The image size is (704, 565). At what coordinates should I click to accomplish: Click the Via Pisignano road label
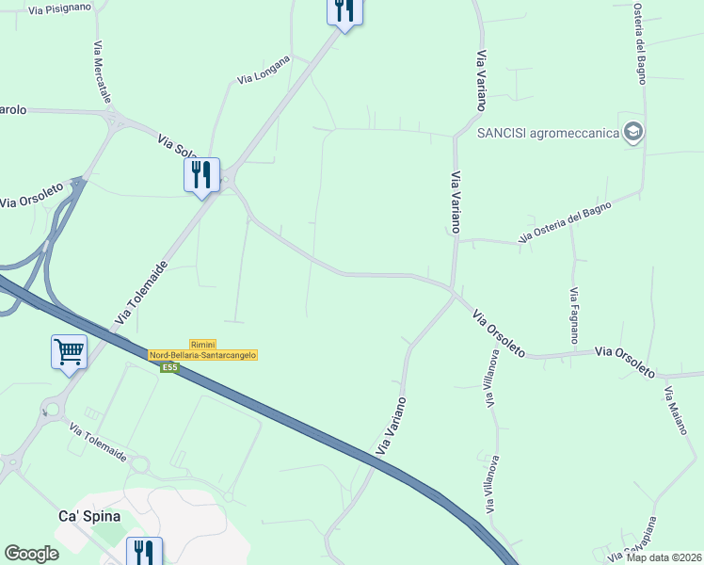coord(59,8)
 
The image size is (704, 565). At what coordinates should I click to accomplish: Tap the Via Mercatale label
coord(102,73)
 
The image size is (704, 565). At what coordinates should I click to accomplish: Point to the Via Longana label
coord(264,69)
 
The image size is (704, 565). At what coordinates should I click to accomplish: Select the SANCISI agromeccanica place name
coord(549,133)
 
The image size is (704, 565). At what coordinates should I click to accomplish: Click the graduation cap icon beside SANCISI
coord(633,132)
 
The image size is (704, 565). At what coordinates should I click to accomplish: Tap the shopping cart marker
coord(69,351)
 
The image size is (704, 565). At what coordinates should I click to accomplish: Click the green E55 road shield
coord(169,367)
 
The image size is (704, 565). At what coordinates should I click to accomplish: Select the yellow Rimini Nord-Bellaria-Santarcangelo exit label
coord(203,349)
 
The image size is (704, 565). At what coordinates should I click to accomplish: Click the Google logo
coord(32,554)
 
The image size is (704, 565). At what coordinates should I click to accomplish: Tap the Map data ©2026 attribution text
coord(664,557)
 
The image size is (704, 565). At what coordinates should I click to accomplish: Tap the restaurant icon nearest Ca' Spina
coord(144,551)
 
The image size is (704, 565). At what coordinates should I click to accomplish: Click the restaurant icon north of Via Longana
coord(344,10)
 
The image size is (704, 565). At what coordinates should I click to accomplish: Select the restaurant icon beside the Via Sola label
coord(201,174)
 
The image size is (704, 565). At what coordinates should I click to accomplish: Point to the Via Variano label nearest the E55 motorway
coord(392,427)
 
